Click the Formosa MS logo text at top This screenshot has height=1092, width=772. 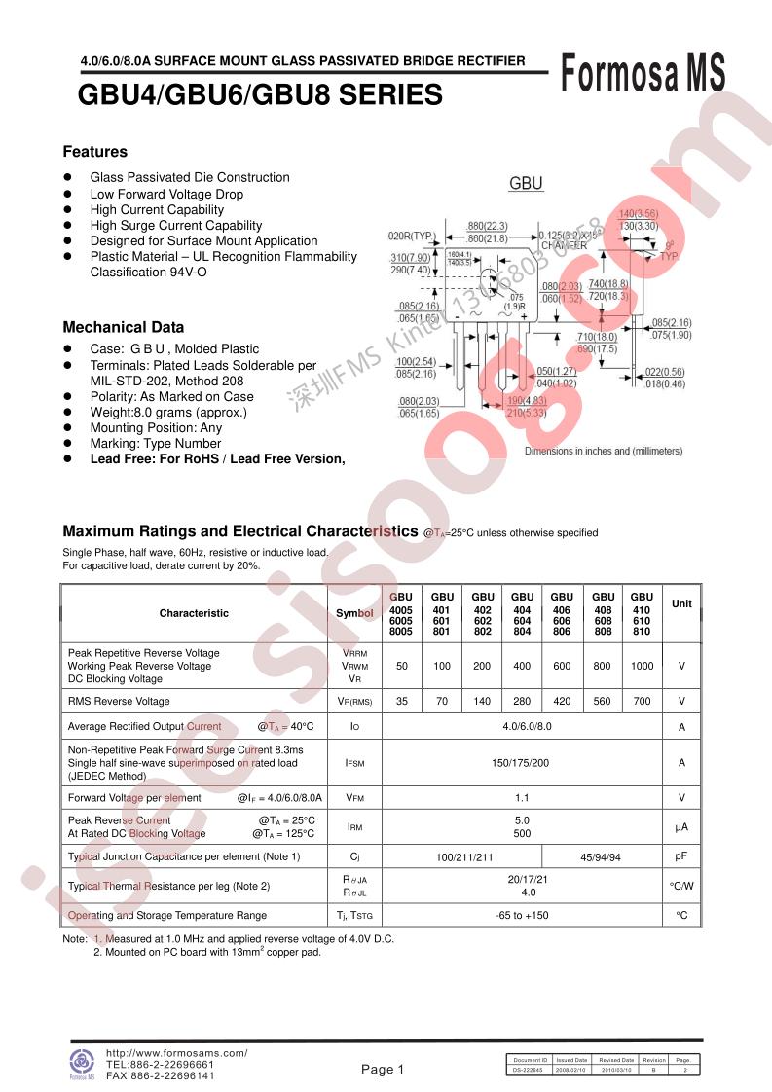coord(643,73)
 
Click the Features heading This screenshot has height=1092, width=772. coord(95,152)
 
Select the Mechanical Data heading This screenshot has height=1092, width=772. coord(123,328)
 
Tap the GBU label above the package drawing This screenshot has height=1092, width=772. coord(527,184)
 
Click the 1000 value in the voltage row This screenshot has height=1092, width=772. coord(642,666)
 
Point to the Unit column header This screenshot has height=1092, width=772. coord(681,604)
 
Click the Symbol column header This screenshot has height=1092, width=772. coord(354,614)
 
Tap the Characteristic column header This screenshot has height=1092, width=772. coord(194,614)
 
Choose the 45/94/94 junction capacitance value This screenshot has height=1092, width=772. coord(600,856)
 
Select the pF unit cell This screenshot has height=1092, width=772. coord(681,856)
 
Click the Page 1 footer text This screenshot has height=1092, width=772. coord(383,1070)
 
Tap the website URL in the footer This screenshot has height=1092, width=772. coord(176,1053)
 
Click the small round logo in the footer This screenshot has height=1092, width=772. coord(81,1062)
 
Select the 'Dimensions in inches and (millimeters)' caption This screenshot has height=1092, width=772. coord(604,451)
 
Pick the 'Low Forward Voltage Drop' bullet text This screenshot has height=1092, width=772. coord(166,194)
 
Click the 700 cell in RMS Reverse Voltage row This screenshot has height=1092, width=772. coord(642,701)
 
